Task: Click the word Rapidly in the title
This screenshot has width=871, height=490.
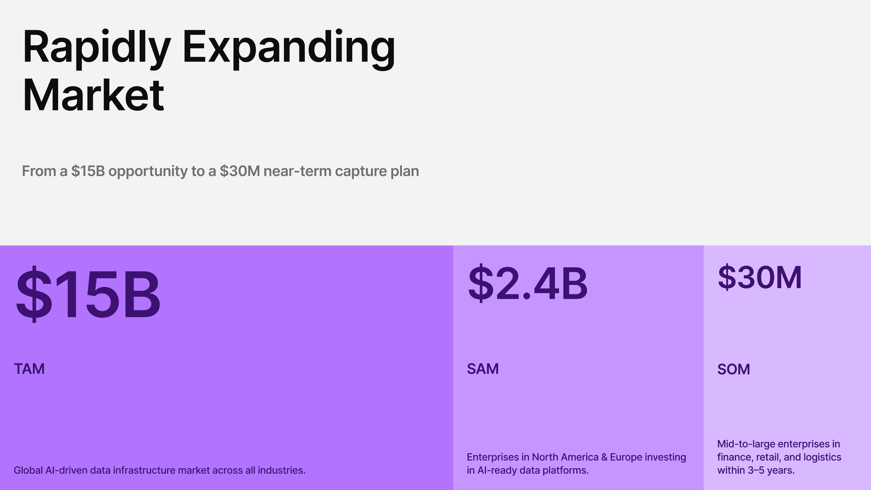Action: (96, 47)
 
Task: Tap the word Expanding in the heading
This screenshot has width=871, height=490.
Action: (289, 47)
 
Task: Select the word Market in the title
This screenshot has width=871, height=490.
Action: (93, 95)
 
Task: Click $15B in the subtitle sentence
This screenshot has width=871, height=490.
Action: (88, 171)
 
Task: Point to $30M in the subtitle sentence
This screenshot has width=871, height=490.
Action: (240, 171)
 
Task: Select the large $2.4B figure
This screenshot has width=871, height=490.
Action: (527, 283)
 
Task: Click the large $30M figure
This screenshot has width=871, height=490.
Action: (759, 278)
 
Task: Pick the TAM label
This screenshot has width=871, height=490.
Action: (29, 369)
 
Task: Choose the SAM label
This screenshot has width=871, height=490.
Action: (482, 369)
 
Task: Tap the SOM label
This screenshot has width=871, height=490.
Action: (733, 369)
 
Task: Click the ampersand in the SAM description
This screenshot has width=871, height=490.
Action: (604, 457)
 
